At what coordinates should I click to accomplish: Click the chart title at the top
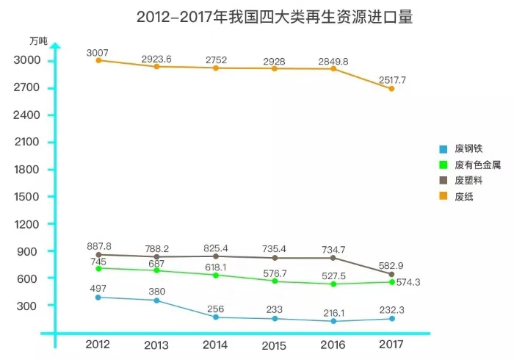[x=274, y=17]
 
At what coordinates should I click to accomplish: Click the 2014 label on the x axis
[x=215, y=345]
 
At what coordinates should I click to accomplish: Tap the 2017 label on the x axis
[x=391, y=345]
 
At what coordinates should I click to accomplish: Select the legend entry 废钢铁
[x=468, y=148]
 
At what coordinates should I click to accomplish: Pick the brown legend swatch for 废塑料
[x=443, y=181]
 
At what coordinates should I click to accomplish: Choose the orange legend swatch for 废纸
[x=443, y=196]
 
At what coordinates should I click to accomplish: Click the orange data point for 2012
[x=98, y=60]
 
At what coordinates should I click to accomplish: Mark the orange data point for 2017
[x=391, y=88]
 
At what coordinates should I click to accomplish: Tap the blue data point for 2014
[x=215, y=317]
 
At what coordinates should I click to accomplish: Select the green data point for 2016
[x=333, y=284]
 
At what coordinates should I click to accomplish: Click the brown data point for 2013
[x=156, y=256]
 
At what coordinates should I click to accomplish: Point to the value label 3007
[x=98, y=51]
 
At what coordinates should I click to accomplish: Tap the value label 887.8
[x=99, y=247]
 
